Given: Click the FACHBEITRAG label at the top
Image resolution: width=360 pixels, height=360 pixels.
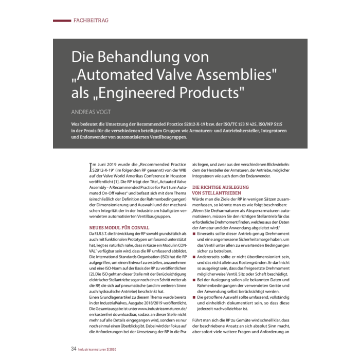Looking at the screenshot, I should click(91, 21).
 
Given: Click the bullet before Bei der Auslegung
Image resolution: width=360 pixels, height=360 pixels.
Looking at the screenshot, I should click(193, 278).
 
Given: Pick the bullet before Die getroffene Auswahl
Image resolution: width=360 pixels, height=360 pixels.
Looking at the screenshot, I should click(193, 297).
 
